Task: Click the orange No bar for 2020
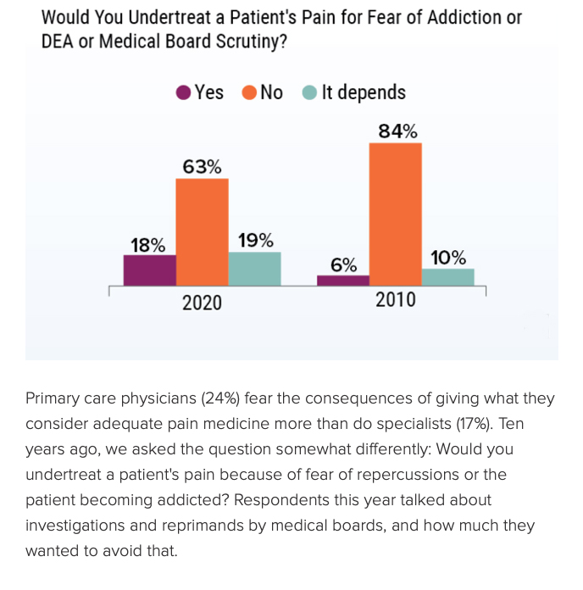[202, 231]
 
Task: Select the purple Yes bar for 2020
[149, 270]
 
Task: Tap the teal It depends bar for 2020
[254, 268]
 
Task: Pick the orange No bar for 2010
[395, 214]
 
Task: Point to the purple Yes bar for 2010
[343, 280]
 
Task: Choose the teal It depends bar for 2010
[447, 276]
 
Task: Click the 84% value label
[397, 131]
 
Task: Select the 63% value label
[202, 166]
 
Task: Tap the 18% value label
[147, 246]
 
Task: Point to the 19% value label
[255, 241]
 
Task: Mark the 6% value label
[343, 264]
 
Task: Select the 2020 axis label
[202, 302]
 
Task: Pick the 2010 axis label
[395, 299]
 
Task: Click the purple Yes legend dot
[184, 93]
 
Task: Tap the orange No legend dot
[249, 93]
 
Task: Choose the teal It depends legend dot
[310, 93]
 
